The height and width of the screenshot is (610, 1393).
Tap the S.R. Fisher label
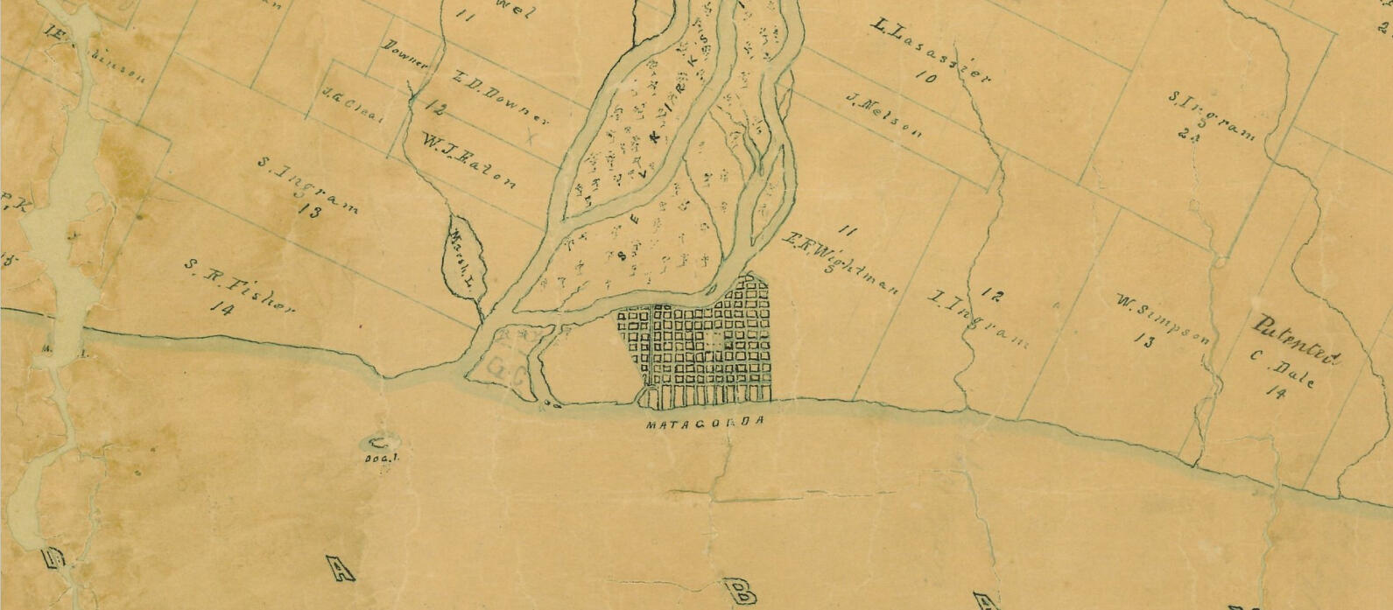click(239, 285)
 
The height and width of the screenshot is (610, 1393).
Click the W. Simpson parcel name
click(1163, 319)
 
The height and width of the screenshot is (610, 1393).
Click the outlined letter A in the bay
click(341, 570)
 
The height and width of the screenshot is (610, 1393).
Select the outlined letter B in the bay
click(740, 591)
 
